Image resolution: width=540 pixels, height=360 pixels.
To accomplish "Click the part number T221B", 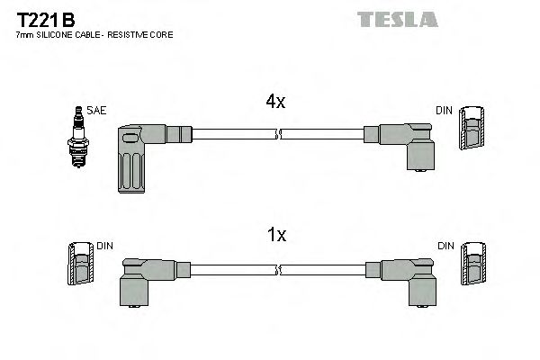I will pyautogui.click(x=45, y=18).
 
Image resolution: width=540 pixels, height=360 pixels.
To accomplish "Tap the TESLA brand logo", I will pyautogui.click(x=397, y=19).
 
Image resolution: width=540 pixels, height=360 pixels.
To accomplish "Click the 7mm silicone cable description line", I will pyautogui.click(x=94, y=34).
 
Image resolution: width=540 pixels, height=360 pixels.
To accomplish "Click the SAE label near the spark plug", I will pyautogui.click(x=96, y=110).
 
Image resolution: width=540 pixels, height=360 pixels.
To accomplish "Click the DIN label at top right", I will pyautogui.click(x=444, y=110).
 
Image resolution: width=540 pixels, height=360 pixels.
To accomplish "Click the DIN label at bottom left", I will pyautogui.click(x=104, y=245).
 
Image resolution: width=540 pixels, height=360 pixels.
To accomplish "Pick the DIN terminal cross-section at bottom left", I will pyautogui.click(x=79, y=266).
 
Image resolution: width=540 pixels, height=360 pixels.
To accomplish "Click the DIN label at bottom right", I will pyautogui.click(x=445, y=245).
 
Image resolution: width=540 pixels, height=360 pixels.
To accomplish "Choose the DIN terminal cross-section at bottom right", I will pyautogui.click(x=472, y=266).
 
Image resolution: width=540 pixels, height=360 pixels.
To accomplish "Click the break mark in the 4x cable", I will pyautogui.click(x=279, y=135).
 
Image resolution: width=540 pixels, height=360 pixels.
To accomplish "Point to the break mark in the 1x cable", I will pyautogui.click(x=279, y=269).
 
